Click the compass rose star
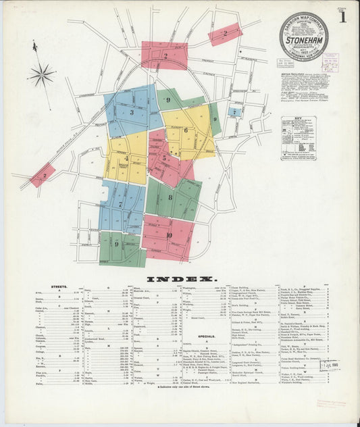(42, 73)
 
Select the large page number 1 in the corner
(343, 18)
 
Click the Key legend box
(298, 138)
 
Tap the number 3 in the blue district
(132, 113)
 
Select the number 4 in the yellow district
(126, 158)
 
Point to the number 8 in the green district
(170, 197)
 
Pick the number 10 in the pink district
(168, 235)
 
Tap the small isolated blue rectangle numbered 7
(234, 111)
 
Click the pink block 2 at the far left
(42, 175)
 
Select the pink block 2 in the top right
(226, 33)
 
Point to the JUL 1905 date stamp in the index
(330, 366)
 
